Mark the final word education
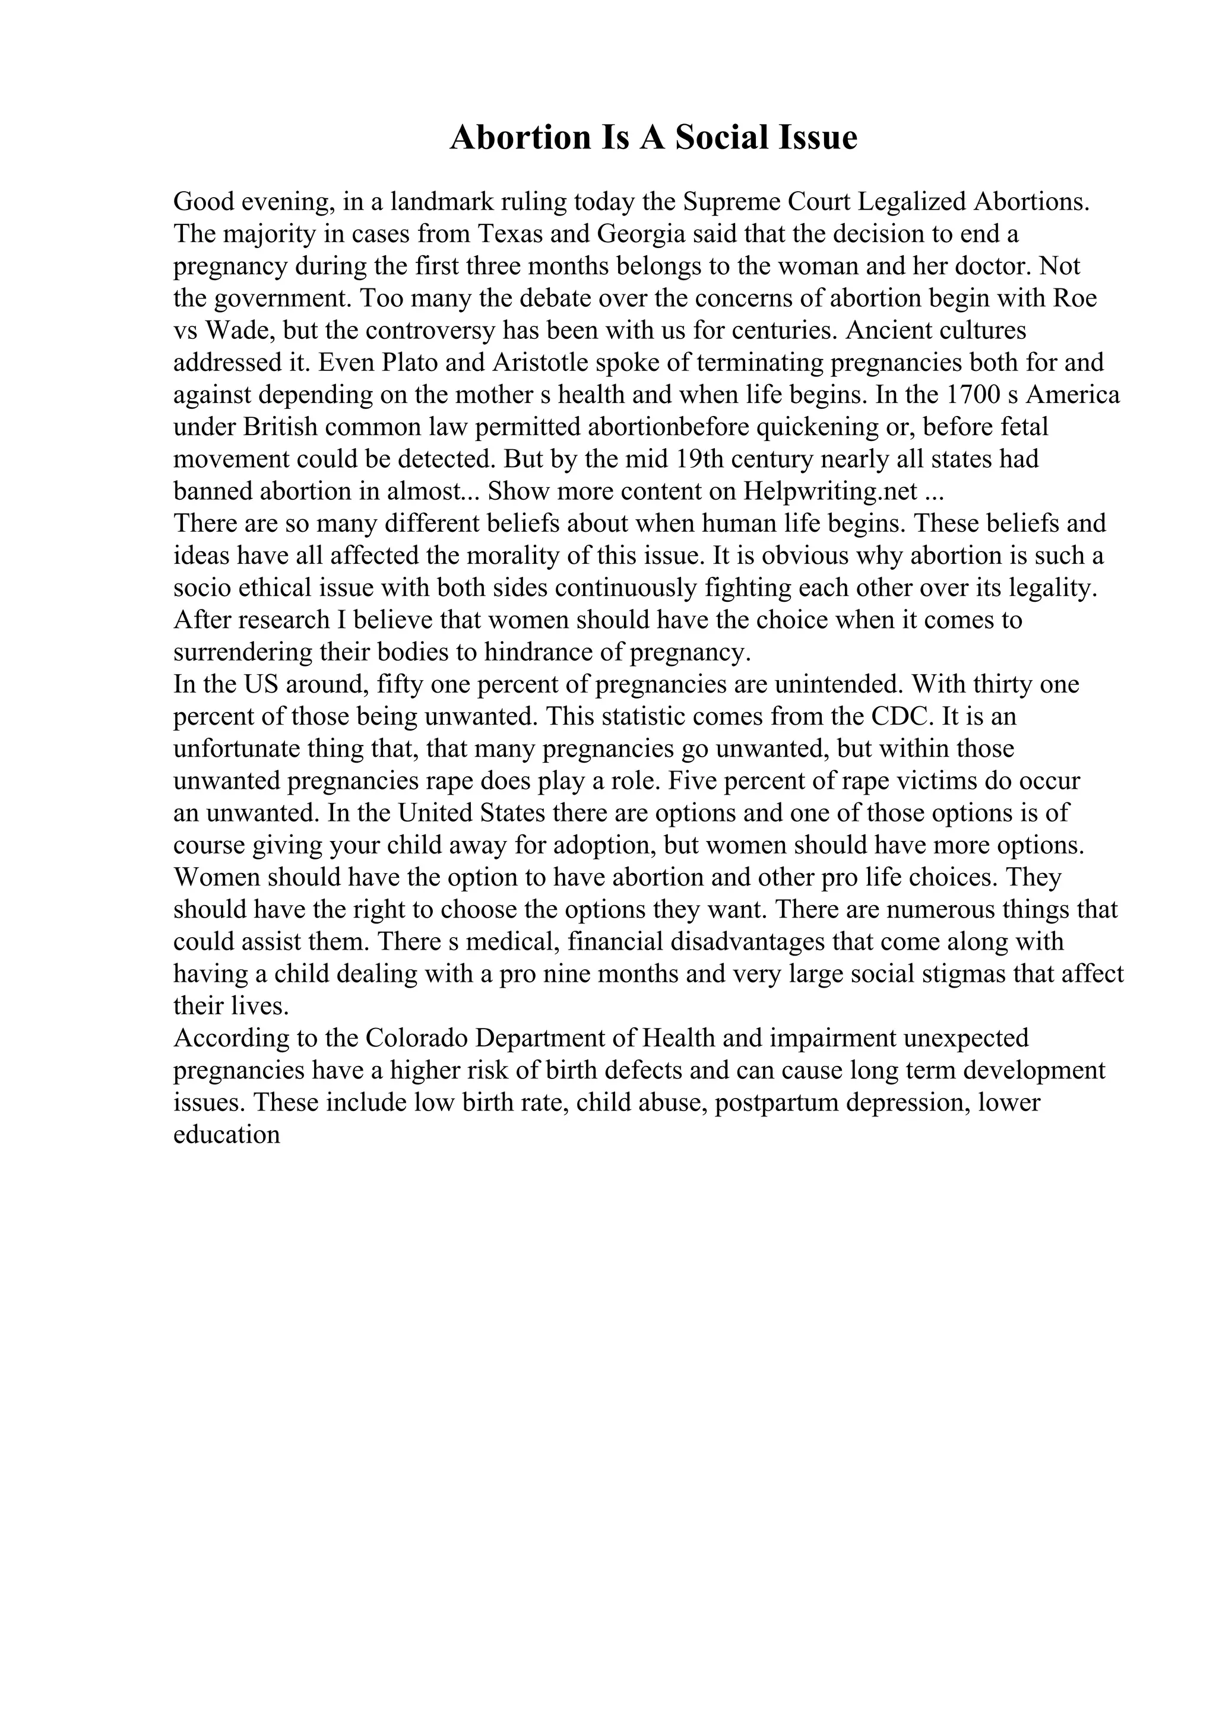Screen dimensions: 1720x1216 226,1134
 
